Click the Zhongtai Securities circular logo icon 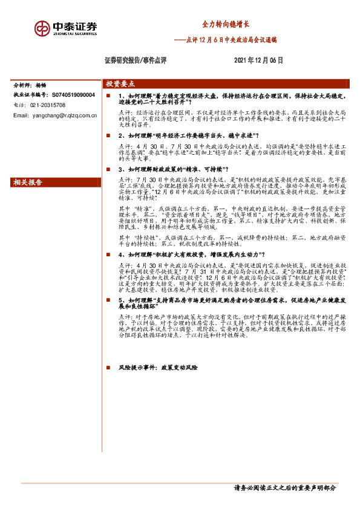[42, 28]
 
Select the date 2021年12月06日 [258, 60]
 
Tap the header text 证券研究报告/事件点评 [136, 60]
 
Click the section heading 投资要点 [120, 84]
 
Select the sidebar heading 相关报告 [28, 182]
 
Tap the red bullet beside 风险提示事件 [108, 366]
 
